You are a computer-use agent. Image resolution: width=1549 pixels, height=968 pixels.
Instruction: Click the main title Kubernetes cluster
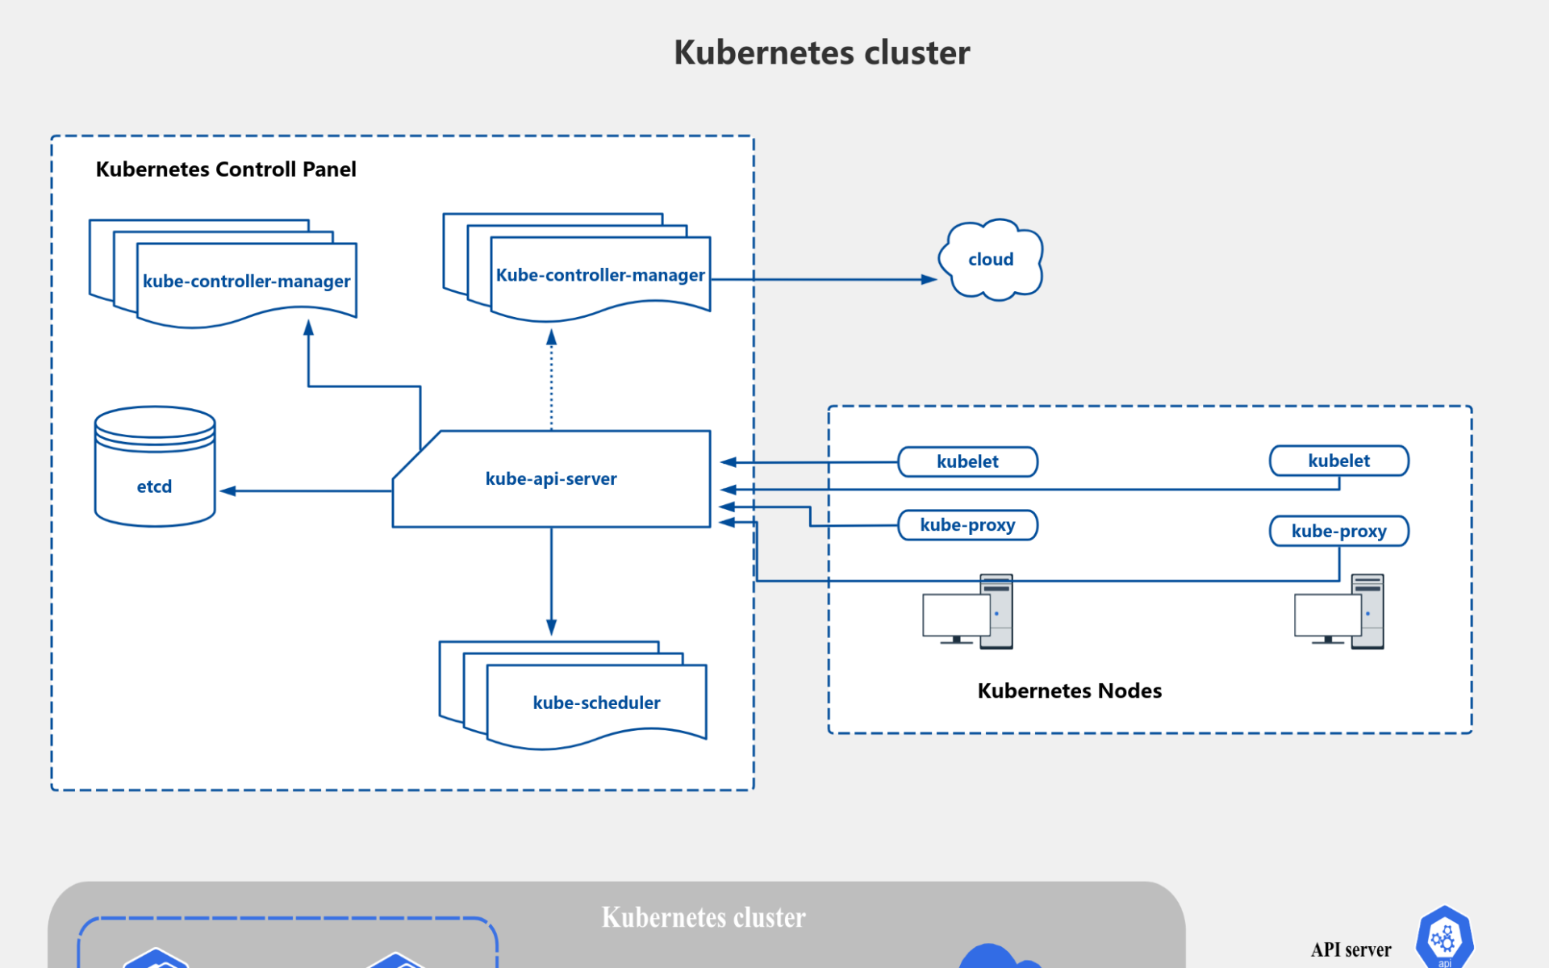pyautogui.click(x=821, y=53)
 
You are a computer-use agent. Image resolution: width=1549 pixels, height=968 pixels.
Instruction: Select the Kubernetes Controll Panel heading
pyautogui.click(x=226, y=169)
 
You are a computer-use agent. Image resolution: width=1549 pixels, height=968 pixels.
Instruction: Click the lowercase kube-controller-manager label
pyautogui.click(x=246, y=282)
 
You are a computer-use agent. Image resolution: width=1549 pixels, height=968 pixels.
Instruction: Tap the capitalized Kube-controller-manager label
pyautogui.click(x=600, y=275)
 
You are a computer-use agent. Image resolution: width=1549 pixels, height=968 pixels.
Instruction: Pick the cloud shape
pyautogui.click(x=991, y=260)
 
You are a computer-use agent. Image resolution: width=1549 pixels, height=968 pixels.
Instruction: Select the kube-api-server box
pyautogui.click(x=551, y=479)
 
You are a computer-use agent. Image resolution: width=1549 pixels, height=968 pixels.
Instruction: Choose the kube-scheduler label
pyautogui.click(x=596, y=703)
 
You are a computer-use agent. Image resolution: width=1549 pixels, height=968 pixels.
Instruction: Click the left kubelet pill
pyautogui.click(x=967, y=461)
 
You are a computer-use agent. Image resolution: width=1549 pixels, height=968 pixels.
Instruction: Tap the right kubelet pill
pyautogui.click(x=1338, y=461)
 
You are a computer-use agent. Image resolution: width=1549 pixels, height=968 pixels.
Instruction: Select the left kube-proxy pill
pyautogui.click(x=967, y=525)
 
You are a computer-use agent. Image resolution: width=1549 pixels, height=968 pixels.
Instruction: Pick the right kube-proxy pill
pyautogui.click(x=1338, y=531)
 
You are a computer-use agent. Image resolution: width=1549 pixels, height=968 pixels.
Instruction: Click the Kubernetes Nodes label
pyautogui.click(x=1069, y=691)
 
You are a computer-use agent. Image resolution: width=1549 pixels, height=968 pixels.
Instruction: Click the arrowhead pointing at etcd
pyautogui.click(x=228, y=490)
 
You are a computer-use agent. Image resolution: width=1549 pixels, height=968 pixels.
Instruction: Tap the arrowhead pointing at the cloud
pyautogui.click(x=929, y=279)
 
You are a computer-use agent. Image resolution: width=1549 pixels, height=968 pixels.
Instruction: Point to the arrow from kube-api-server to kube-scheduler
pyautogui.click(x=552, y=581)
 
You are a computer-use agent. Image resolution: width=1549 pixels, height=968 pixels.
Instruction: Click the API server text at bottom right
pyautogui.click(x=1351, y=950)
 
